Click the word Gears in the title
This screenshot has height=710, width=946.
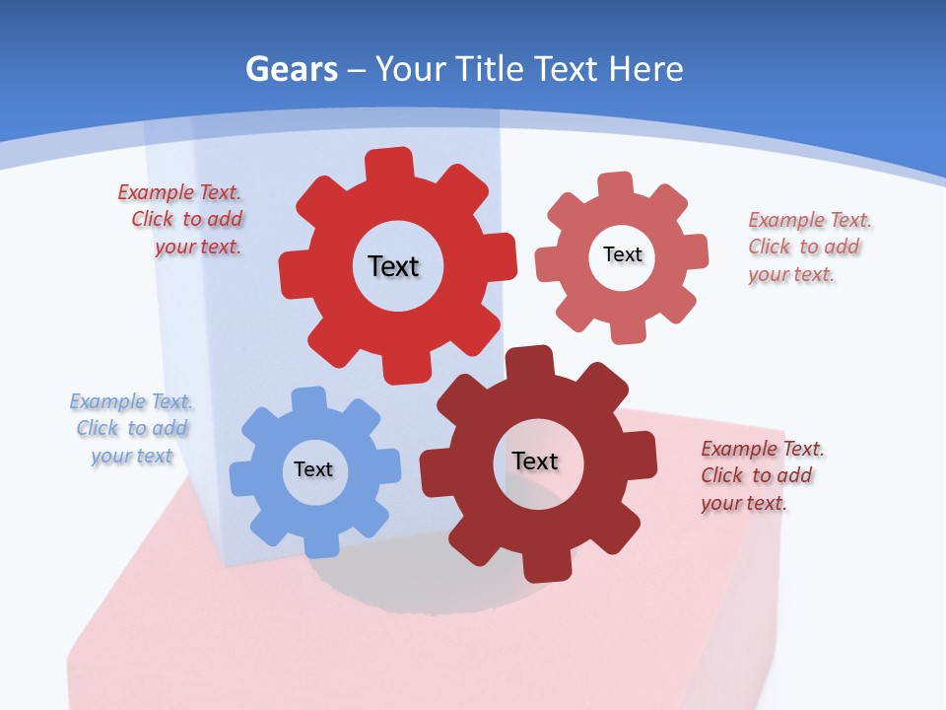[291, 69]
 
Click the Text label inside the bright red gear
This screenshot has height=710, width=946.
[393, 266]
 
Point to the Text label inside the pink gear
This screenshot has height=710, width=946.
[622, 255]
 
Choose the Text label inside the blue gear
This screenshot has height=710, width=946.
[313, 470]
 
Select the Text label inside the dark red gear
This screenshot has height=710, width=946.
[535, 461]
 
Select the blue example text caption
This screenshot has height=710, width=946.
[132, 429]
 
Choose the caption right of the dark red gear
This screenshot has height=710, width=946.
[760, 476]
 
